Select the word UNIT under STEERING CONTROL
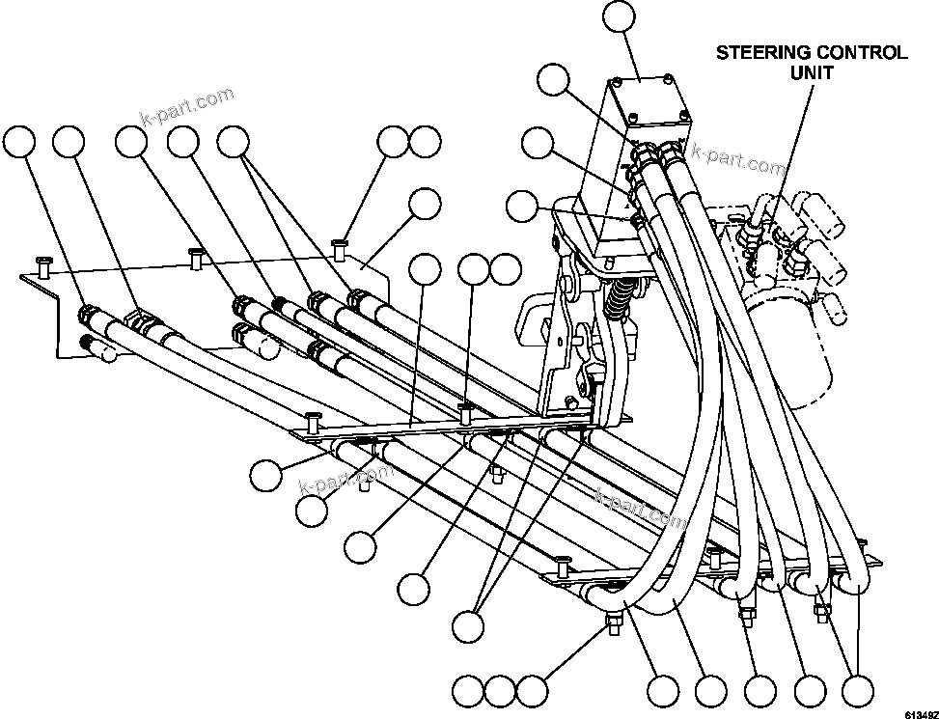pos(812,72)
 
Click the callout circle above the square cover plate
pos(619,18)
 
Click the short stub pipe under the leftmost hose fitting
pos(97,349)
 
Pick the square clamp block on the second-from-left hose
pos(141,320)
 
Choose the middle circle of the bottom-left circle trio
pos(500,690)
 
